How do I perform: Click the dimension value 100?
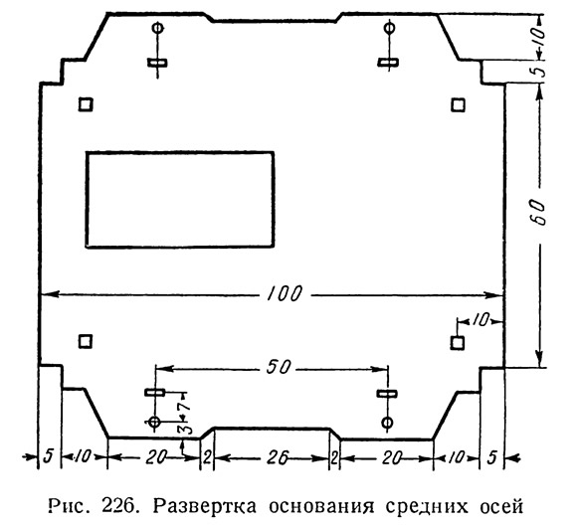285,294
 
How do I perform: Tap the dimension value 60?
539,213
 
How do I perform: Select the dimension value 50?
279,367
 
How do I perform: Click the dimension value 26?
278,458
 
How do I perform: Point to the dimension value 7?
185,406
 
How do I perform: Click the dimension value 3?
187,429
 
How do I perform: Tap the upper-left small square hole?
86,104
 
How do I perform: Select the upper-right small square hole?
458,105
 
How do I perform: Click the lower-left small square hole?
86,341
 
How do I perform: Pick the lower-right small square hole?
457,343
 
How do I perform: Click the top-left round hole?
158,27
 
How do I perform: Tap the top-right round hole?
389,27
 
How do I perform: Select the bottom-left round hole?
154,422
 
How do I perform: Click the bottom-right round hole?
387,423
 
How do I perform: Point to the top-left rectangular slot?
157,63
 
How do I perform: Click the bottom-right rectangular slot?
387,394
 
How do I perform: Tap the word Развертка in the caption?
205,506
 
